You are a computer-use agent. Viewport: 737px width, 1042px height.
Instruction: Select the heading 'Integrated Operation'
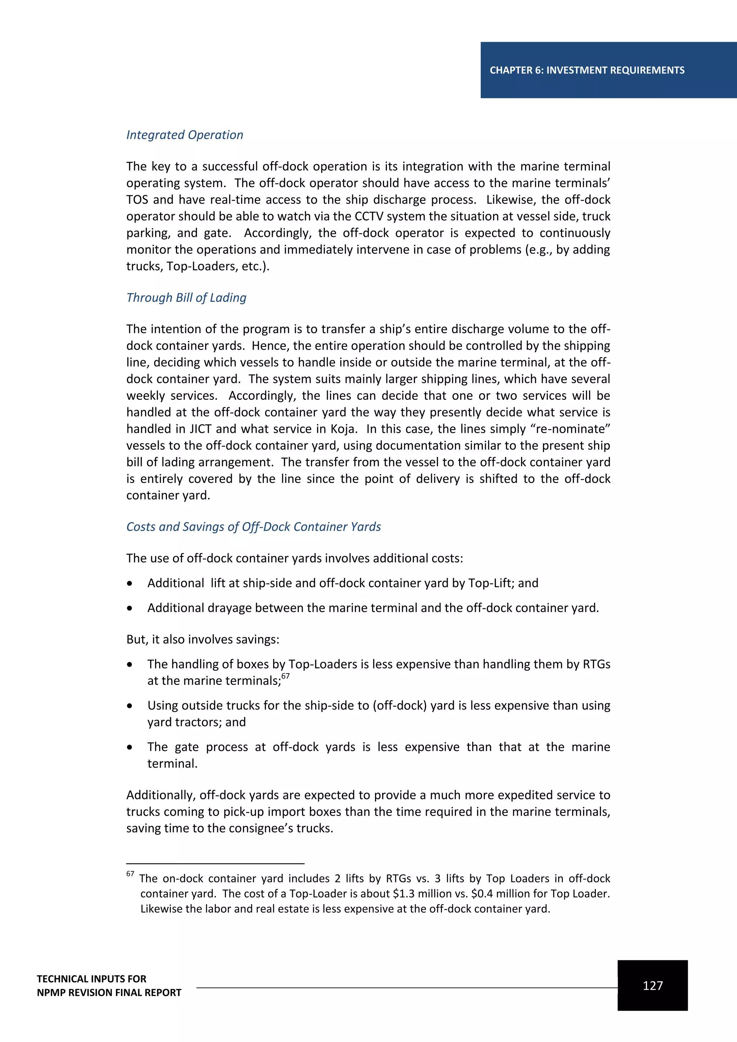[185, 135]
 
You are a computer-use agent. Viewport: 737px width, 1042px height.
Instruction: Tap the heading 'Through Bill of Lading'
[186, 298]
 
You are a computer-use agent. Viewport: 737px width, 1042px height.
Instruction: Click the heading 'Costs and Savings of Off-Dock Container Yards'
[253, 526]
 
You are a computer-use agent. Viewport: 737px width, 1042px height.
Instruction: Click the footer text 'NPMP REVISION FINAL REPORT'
[109, 993]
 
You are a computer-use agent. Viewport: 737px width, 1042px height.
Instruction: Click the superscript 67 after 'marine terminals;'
[285, 676]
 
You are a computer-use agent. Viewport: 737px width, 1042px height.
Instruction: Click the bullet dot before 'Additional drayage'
[130, 608]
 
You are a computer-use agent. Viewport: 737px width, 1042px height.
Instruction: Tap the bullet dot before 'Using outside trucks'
[130, 706]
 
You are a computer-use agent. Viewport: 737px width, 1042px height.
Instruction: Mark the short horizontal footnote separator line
[215, 864]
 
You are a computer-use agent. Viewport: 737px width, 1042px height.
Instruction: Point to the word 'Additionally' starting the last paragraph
[160, 795]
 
